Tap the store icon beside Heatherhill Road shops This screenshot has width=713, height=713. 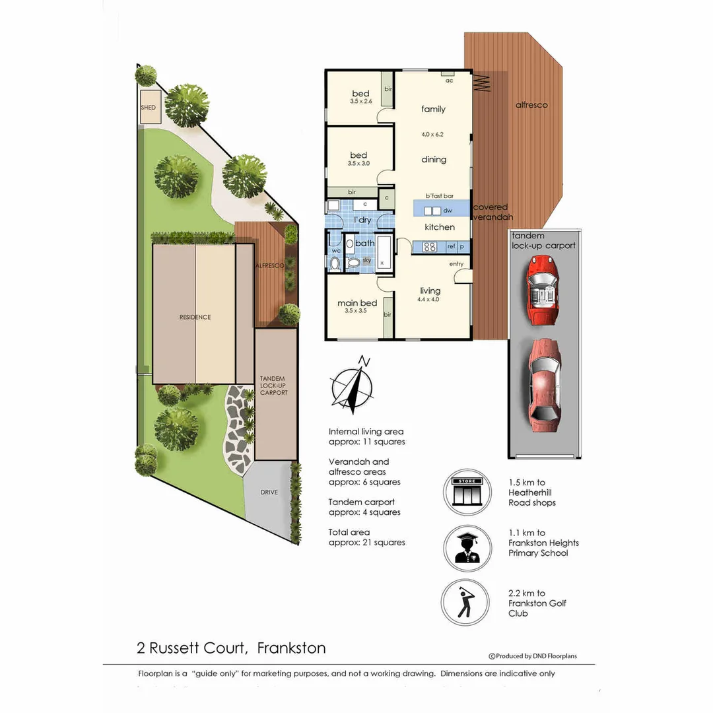pyautogui.click(x=467, y=492)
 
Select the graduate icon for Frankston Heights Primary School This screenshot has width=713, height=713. pyautogui.click(x=467, y=547)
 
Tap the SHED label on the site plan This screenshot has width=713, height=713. pyautogui.click(x=148, y=108)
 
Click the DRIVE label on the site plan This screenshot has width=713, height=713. pyautogui.click(x=269, y=492)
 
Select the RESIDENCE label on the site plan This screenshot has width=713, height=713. pyautogui.click(x=195, y=318)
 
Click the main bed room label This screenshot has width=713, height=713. pyautogui.click(x=357, y=304)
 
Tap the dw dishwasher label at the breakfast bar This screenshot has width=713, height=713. pyautogui.click(x=448, y=211)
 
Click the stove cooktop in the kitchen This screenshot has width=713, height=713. pyautogui.click(x=430, y=247)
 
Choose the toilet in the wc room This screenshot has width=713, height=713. pyautogui.click(x=335, y=263)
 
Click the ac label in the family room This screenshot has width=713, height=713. pyautogui.click(x=449, y=81)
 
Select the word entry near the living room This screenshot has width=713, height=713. pyautogui.click(x=456, y=264)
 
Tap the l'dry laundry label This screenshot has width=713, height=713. pyautogui.click(x=362, y=220)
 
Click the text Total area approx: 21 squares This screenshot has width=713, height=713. pyautogui.click(x=366, y=537)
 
